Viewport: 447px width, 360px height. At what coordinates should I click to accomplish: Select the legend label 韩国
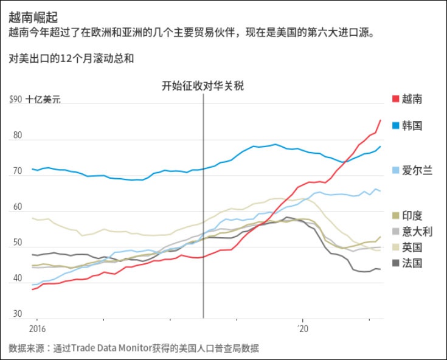click(x=412, y=126)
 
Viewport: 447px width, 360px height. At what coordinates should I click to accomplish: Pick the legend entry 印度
click(x=412, y=216)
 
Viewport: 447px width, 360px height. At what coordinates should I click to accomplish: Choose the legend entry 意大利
click(x=417, y=232)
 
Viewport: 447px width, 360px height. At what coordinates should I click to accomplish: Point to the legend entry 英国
click(x=412, y=247)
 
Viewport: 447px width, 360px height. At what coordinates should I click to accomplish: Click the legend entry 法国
click(x=412, y=263)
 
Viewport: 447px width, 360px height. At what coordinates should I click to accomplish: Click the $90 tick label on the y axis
click(x=16, y=100)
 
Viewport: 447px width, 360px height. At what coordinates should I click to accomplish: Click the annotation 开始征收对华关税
click(x=203, y=86)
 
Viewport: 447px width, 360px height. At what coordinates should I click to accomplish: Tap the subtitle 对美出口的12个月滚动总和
click(x=71, y=58)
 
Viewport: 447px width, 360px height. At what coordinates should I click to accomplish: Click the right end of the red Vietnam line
click(x=381, y=120)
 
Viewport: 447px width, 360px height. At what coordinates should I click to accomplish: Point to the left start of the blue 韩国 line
click(x=32, y=169)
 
